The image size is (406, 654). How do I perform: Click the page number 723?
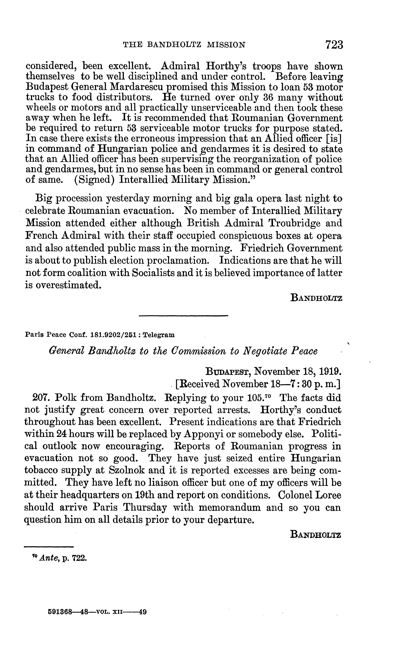coord(334,45)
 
